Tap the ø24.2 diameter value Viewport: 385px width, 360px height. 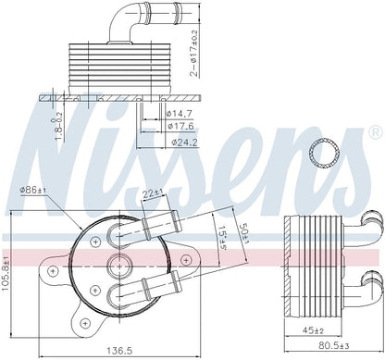click(x=186, y=143)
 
